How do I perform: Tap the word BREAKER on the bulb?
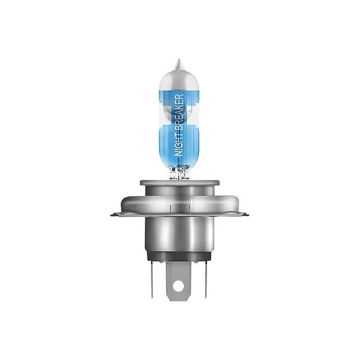point(179,111)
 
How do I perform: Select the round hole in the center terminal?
point(178,286)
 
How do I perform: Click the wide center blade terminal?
point(178,281)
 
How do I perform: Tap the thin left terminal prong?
point(152,279)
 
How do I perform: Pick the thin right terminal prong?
point(206,279)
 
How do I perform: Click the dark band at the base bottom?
point(178,256)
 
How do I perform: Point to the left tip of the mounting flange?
point(111,215)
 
